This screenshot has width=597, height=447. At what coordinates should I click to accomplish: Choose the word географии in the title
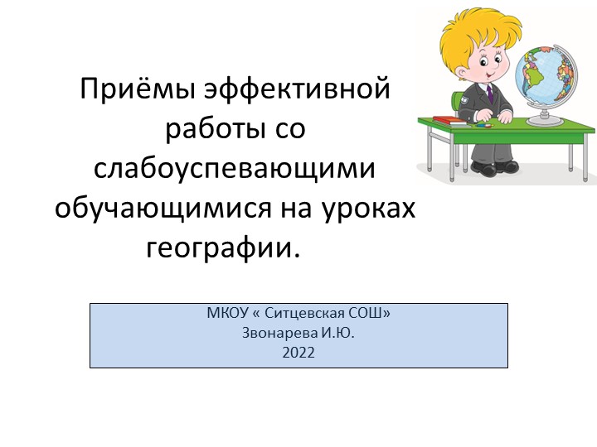click(221, 247)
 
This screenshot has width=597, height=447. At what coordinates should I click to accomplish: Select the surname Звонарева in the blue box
click(274, 333)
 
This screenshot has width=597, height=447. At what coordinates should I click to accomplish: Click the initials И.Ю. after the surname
click(337, 333)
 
